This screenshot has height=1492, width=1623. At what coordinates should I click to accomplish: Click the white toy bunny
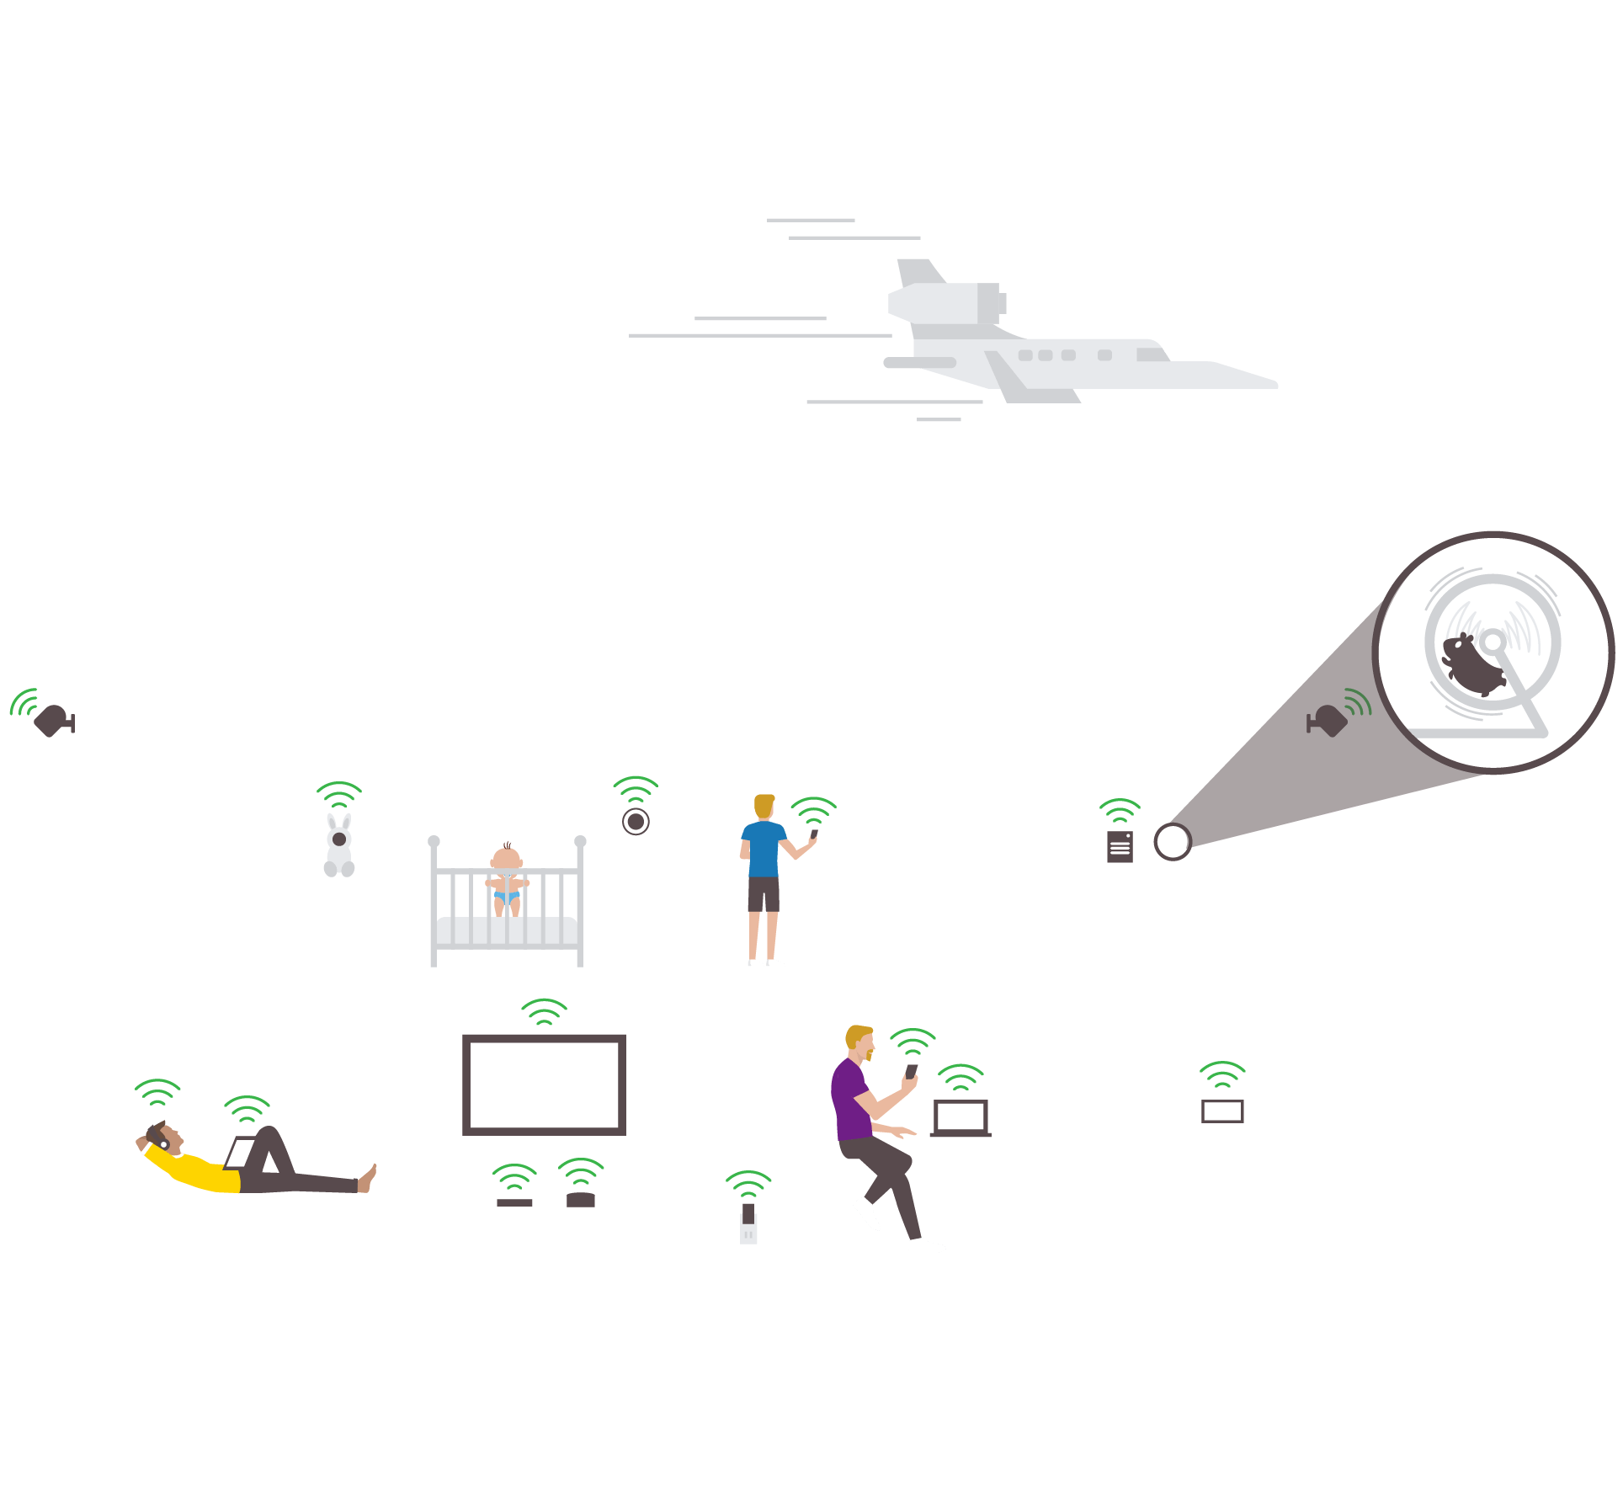pyautogui.click(x=339, y=846)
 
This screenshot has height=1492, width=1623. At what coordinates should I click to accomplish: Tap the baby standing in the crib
pyautogui.click(x=507, y=880)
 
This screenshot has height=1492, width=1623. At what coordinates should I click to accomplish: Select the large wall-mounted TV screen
pyautogui.click(x=544, y=1084)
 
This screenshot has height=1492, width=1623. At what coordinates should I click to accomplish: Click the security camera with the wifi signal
pyautogui.click(x=52, y=720)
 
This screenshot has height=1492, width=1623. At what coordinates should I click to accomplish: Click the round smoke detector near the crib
pyautogui.click(x=636, y=821)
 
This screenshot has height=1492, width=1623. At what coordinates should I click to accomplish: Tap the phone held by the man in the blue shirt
pyautogui.click(x=814, y=834)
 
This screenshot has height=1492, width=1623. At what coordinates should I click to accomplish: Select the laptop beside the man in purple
pyautogui.click(x=960, y=1117)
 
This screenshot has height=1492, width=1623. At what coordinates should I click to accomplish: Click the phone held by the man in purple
pyautogui.click(x=911, y=1072)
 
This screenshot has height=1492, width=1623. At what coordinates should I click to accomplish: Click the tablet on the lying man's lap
pyautogui.click(x=240, y=1153)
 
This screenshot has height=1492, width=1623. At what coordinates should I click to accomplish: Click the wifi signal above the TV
pyautogui.click(x=544, y=1011)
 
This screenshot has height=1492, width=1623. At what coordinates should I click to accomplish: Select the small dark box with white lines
pyautogui.click(x=1120, y=847)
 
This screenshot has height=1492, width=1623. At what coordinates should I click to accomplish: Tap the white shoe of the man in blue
pyautogui.click(x=774, y=962)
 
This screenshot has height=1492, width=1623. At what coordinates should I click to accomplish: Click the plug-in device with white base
pyautogui.click(x=748, y=1225)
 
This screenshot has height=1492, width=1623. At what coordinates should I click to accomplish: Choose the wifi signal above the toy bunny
pyautogui.click(x=339, y=795)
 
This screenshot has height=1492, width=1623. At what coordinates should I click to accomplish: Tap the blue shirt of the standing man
pyautogui.click(x=764, y=849)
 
